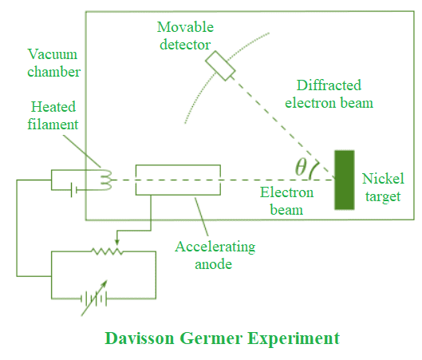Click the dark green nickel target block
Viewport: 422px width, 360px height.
coord(345,180)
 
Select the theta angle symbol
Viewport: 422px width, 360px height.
coord(301,168)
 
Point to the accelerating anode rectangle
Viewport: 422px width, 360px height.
coord(178,180)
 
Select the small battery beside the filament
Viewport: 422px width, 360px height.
coord(73,190)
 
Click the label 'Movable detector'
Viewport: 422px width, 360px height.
coord(184,36)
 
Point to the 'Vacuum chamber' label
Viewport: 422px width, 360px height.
coord(52,63)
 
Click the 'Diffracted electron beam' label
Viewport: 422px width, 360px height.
coord(333,93)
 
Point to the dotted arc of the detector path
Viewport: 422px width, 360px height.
coord(199,80)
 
